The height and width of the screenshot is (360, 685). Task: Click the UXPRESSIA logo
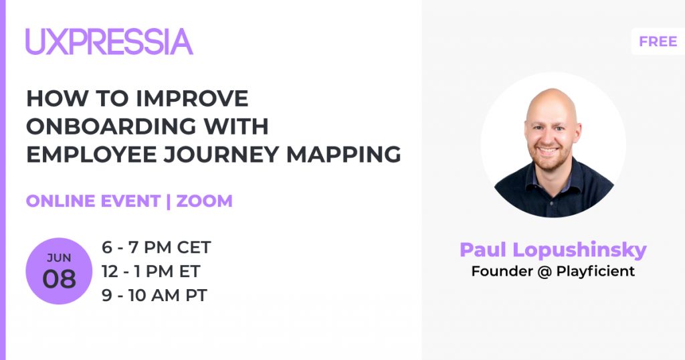(x=109, y=41)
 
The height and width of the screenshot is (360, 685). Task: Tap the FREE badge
(x=658, y=41)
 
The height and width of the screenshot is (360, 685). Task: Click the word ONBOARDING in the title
(x=112, y=126)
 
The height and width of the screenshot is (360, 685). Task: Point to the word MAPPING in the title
(x=343, y=154)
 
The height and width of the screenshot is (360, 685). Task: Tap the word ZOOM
(x=205, y=201)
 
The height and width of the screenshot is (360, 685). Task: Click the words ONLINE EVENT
(x=93, y=201)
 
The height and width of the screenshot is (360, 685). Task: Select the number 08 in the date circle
(x=59, y=279)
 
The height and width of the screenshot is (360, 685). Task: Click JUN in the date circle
(x=59, y=258)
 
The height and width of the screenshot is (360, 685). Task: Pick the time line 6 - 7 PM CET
(x=157, y=248)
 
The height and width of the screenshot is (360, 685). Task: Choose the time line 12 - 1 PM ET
(x=151, y=271)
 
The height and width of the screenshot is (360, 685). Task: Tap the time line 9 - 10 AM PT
(x=155, y=295)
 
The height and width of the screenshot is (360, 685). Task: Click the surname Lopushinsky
(x=580, y=250)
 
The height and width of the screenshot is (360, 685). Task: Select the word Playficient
(x=595, y=271)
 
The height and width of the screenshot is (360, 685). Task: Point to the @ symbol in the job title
(x=544, y=272)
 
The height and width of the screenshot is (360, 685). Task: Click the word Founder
(x=502, y=271)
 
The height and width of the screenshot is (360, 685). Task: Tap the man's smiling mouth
(x=549, y=151)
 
